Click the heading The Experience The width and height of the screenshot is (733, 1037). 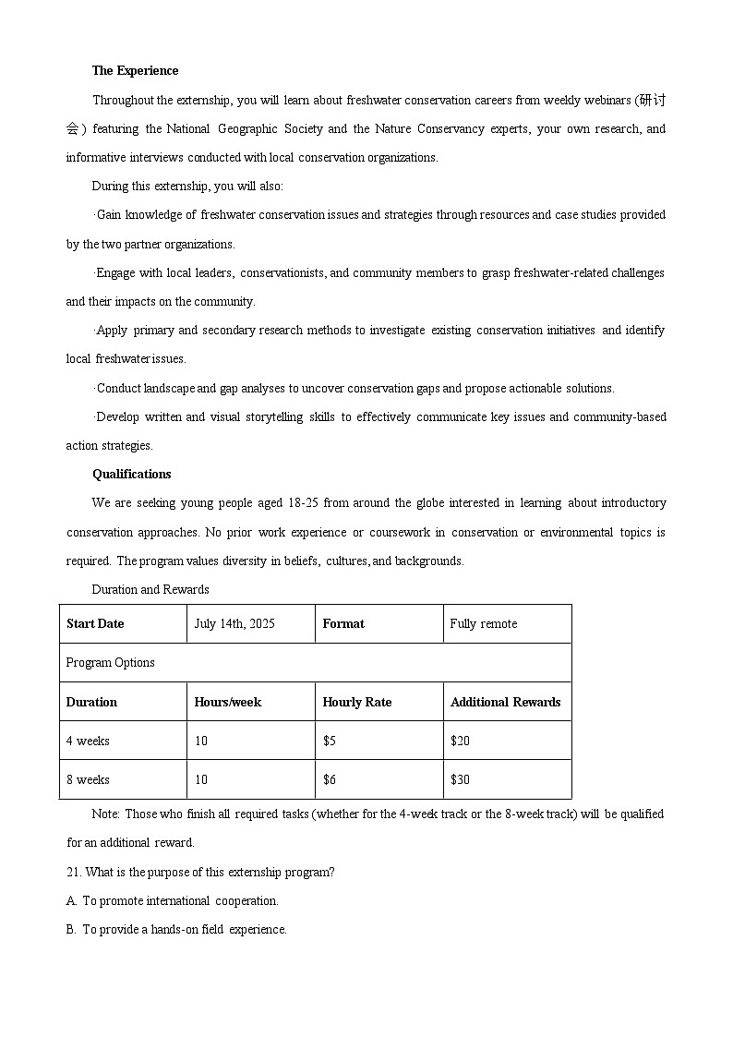point(135,71)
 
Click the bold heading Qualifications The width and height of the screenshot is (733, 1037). point(131,475)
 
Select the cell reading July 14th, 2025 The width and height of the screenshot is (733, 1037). point(234,624)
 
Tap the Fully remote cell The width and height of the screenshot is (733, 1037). point(484,624)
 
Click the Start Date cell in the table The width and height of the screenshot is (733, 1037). point(95,624)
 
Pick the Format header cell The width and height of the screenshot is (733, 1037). point(343,624)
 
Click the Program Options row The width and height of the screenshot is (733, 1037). point(111,663)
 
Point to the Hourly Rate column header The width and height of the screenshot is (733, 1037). point(356,703)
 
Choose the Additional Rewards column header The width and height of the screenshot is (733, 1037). point(505,703)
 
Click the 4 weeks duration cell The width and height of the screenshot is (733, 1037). point(88,742)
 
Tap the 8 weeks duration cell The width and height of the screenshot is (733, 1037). point(88,780)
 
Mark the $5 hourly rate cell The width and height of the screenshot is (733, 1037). point(330,742)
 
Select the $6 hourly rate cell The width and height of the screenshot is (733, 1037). point(330,780)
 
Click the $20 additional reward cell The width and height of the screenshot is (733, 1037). point(460,742)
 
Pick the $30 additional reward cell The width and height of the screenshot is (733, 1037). point(460,780)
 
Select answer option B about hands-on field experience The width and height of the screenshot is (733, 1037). point(176,930)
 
